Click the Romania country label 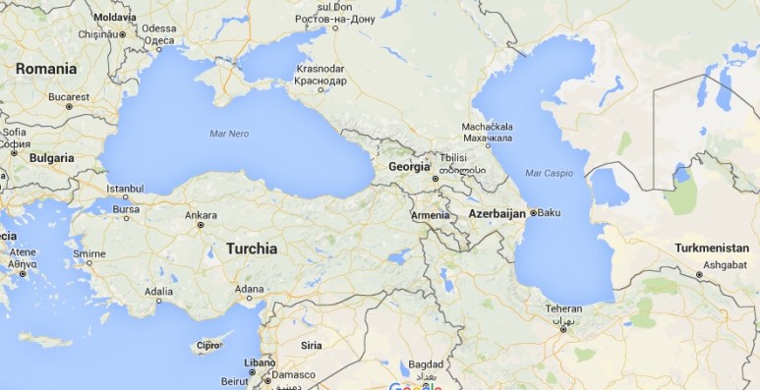[45, 69]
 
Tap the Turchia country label [252, 249]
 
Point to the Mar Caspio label [548, 173]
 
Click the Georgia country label [410, 167]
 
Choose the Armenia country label [430, 215]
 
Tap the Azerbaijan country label [498, 213]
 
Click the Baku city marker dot [533, 212]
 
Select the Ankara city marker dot [200, 225]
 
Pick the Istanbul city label [125, 189]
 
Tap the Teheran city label [563, 309]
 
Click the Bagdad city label [427, 363]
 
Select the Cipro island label [208, 346]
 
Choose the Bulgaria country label [51, 157]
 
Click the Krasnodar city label [320, 69]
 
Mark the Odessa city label [158, 28]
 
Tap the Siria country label [311, 345]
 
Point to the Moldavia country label [114, 18]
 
